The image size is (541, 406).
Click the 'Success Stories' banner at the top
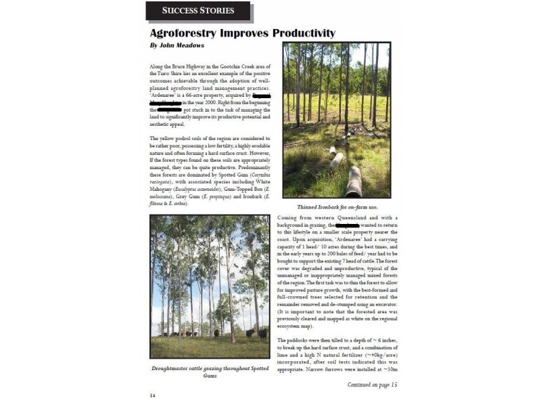pos(198,11)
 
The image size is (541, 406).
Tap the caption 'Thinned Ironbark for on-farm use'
pos(336,206)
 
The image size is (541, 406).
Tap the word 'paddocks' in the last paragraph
pos(300,338)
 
